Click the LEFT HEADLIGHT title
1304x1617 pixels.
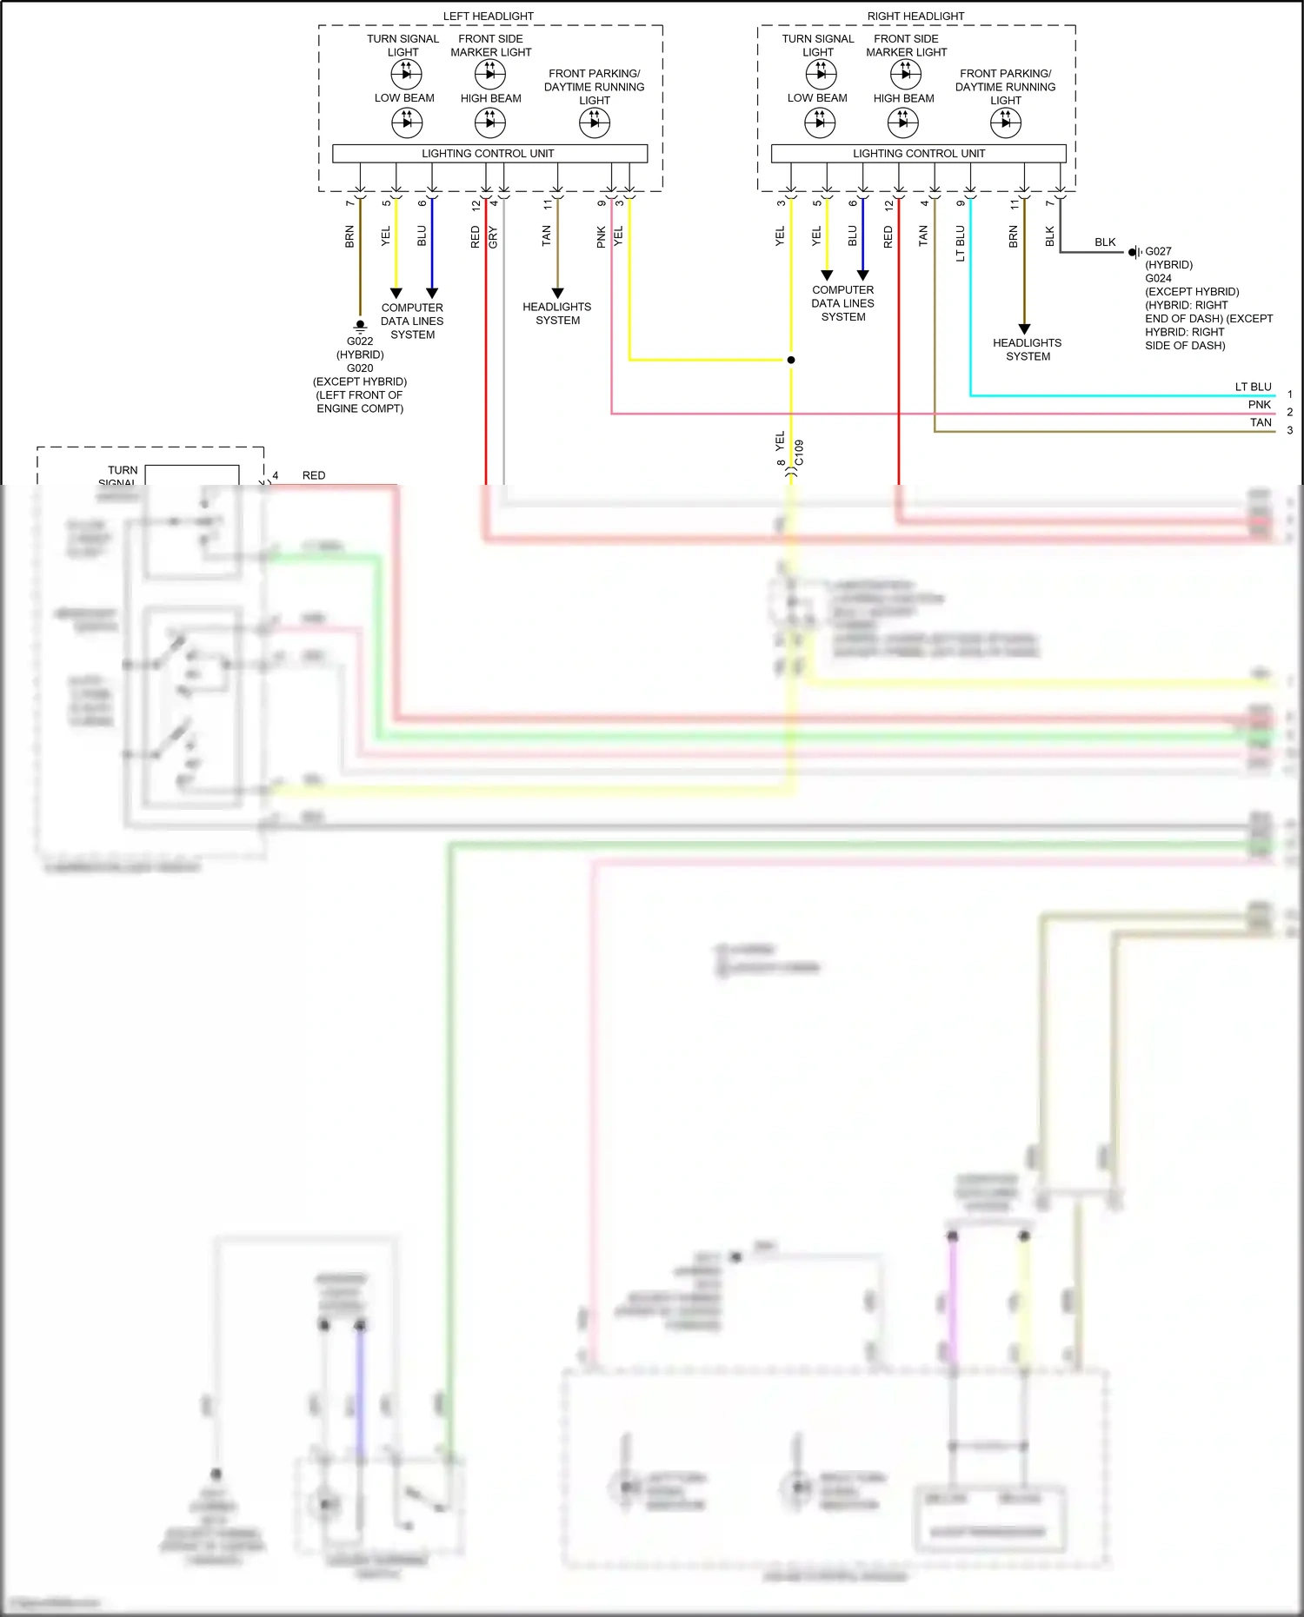[488, 16]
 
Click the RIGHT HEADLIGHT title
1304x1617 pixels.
[915, 16]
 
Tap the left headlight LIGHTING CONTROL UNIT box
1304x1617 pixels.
[489, 154]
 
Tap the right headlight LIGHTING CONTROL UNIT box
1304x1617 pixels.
[918, 154]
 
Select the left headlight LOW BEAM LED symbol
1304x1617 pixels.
[406, 123]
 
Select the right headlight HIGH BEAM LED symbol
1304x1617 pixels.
[902, 123]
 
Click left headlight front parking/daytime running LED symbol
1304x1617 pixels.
[595, 123]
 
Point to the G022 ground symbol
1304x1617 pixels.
[360, 326]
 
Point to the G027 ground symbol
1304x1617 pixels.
[1134, 252]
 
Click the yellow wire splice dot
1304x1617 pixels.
[790, 360]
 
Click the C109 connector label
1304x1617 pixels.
[800, 453]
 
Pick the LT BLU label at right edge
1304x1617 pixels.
[1253, 387]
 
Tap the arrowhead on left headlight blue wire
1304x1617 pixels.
[432, 293]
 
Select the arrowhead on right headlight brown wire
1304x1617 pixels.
[1024, 329]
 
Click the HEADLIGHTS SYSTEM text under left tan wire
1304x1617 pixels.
[557, 314]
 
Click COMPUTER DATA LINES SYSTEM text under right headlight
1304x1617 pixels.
[842, 303]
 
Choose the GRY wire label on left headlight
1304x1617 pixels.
[493, 236]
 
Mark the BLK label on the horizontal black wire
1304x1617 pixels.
[1105, 242]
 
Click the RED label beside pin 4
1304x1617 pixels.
[314, 475]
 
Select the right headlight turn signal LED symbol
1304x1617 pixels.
[820, 74]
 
